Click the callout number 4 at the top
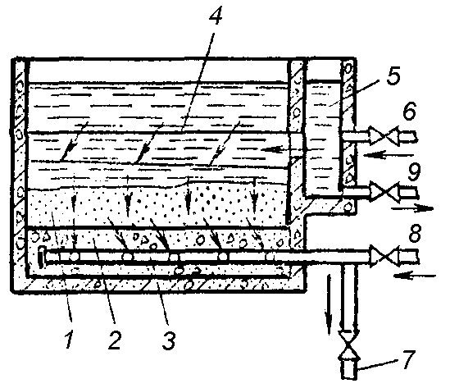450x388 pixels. click(x=216, y=14)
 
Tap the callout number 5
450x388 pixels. click(x=393, y=75)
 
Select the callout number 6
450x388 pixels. click(x=409, y=111)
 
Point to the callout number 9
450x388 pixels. click(x=414, y=171)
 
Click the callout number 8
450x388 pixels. click(x=415, y=232)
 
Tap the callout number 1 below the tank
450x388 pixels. click(x=69, y=339)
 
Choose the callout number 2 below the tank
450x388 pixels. click(x=114, y=340)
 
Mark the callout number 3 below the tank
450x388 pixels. click(x=169, y=340)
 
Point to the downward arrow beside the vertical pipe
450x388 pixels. click(x=329, y=304)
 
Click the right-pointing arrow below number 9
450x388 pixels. click(x=412, y=208)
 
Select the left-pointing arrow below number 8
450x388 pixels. click(x=415, y=276)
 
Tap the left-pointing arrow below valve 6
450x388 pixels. click(x=388, y=155)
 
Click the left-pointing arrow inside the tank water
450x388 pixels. click(x=283, y=149)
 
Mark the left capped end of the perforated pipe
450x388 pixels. click(x=42, y=257)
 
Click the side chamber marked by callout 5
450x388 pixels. click(x=322, y=138)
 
